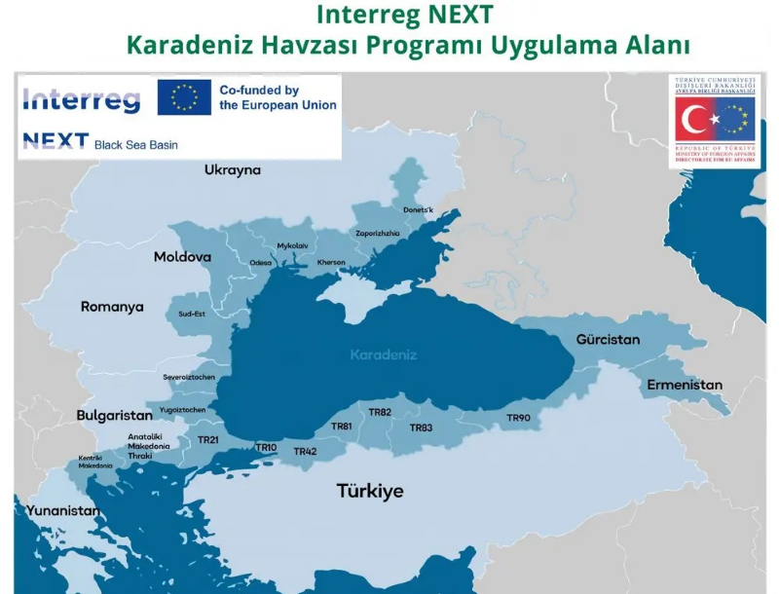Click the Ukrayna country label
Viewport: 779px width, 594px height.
[x=233, y=170]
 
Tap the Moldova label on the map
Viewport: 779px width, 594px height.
[x=182, y=257]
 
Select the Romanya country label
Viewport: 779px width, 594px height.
[x=112, y=307]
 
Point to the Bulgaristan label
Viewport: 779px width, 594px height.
[x=115, y=415]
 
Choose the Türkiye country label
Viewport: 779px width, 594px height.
[x=370, y=490]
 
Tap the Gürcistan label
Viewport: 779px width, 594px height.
[x=608, y=340]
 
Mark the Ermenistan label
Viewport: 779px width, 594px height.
[x=685, y=385]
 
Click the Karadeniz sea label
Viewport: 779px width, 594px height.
[x=384, y=354]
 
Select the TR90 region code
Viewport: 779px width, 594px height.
[x=518, y=418]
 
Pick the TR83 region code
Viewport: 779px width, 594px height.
[x=421, y=427]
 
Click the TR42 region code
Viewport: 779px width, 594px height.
[x=305, y=451]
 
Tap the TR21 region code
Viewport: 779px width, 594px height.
[x=208, y=440]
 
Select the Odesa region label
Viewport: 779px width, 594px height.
[x=261, y=263]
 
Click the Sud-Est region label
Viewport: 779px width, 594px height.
[x=192, y=315]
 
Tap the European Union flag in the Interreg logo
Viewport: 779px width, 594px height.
[x=184, y=98]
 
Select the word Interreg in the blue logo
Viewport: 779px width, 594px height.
[x=81, y=99]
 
